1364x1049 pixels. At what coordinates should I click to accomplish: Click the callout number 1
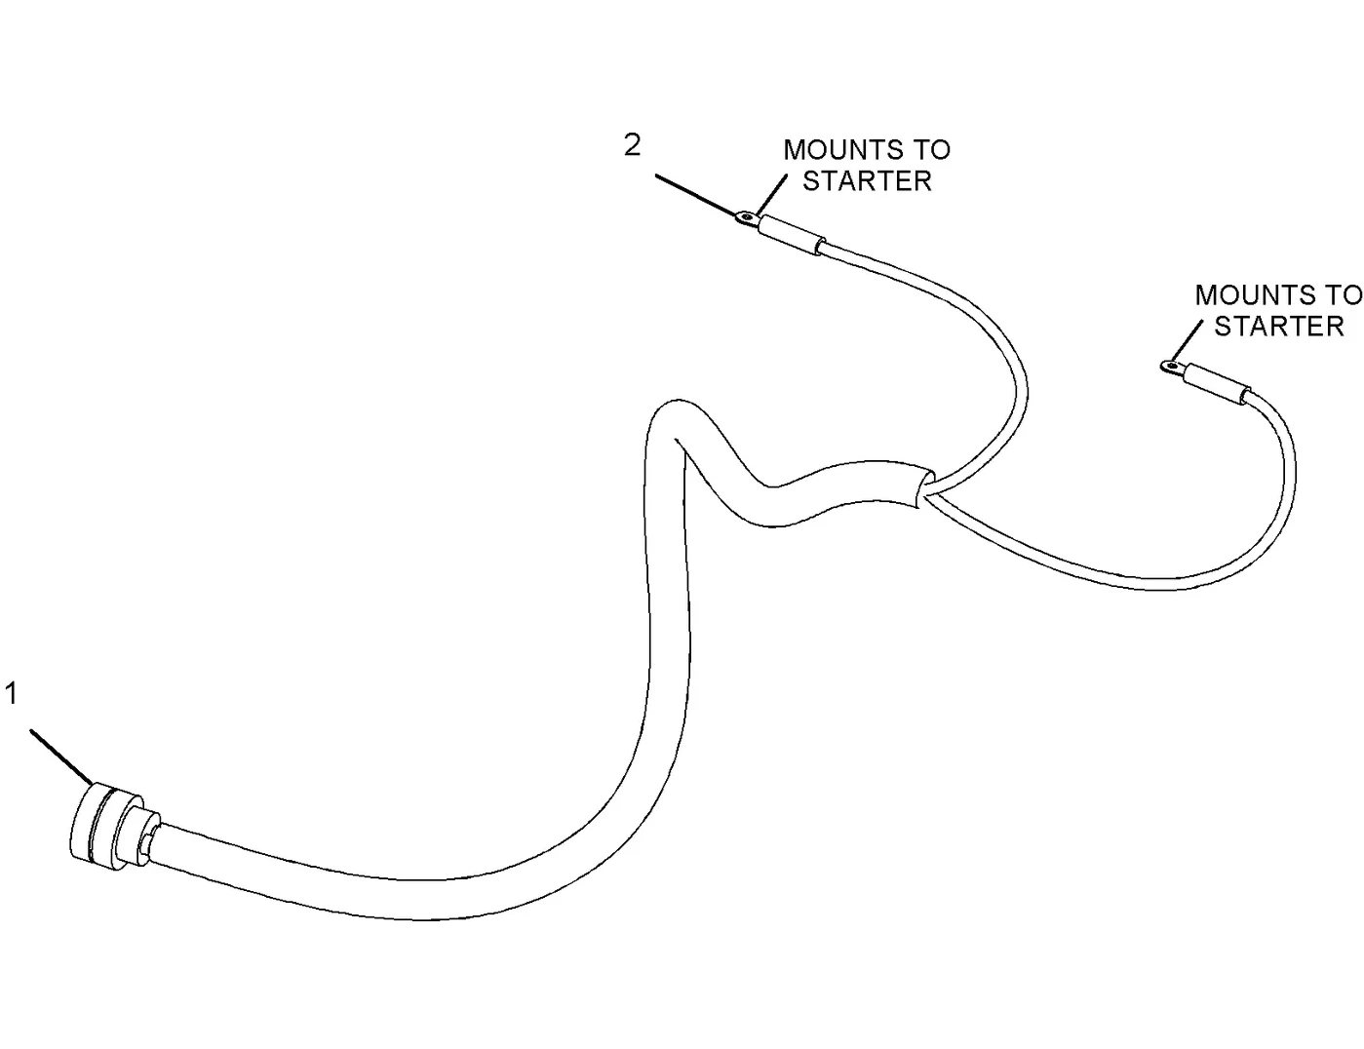coord(11,693)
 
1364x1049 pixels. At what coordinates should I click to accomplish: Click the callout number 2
coord(632,145)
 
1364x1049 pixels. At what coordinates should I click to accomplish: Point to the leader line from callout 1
coord(61,757)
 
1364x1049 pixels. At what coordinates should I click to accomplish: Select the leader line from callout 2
coord(696,196)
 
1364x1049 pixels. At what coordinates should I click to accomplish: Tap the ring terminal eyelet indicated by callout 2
coord(746,218)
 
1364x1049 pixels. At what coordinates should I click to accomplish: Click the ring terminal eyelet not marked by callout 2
coord(1169,366)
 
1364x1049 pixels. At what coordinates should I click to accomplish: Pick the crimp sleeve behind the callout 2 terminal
coord(791,234)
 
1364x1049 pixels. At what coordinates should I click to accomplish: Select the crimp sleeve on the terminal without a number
coord(1214,383)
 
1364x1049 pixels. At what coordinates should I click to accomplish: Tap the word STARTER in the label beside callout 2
coord(867,181)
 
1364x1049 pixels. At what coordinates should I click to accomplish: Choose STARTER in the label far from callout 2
coord(1278,327)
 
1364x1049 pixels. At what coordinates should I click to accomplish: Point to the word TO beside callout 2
coord(931,150)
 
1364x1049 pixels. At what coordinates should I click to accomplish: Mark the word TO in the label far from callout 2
coord(1343,294)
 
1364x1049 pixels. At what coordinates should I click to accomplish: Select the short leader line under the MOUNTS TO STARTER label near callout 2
coord(770,196)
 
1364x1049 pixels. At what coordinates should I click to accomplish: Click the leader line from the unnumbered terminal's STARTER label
coord(1187,341)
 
